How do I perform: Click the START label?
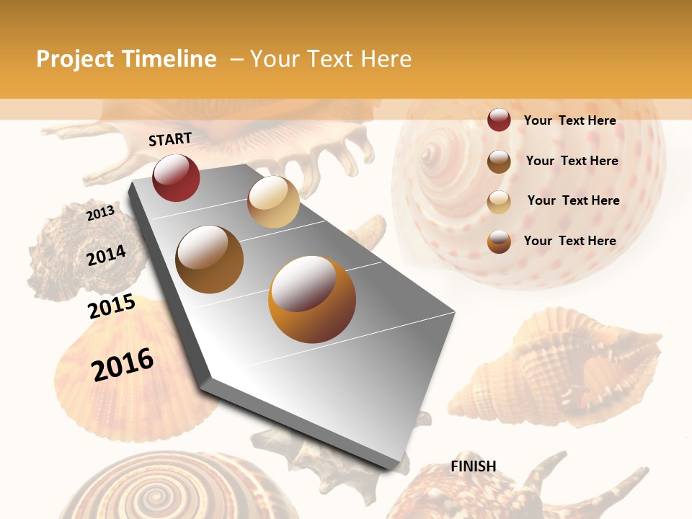point(170,139)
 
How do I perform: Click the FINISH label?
point(473,466)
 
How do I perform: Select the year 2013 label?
point(100,213)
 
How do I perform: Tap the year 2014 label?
point(106,256)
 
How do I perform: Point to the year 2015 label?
point(112,306)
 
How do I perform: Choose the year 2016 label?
point(123,365)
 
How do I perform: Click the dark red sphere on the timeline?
point(176,177)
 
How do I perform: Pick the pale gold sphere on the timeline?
point(273,202)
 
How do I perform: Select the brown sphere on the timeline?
point(210,259)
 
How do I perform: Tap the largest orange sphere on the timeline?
point(312,299)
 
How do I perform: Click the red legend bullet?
point(499,120)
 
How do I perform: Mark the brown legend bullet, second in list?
point(499,161)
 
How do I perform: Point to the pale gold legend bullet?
point(499,202)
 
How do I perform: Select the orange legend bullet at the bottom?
point(499,241)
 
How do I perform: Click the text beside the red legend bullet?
point(569,120)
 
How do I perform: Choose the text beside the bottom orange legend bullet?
point(569,241)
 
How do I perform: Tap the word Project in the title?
point(74,59)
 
